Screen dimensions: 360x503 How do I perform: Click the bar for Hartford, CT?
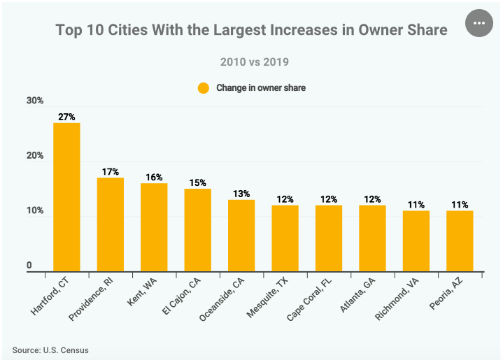pyautogui.click(x=66, y=197)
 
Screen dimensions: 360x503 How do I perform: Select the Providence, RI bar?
pyautogui.click(x=111, y=225)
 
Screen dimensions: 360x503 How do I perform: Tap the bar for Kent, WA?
pyautogui.click(x=154, y=227)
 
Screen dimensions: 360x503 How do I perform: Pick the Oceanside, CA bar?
pyautogui.click(x=241, y=236)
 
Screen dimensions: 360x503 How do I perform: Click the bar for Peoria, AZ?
pyautogui.click(x=460, y=241)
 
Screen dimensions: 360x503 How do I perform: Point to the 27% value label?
pyautogui.click(x=66, y=117)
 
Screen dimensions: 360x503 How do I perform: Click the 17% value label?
pyautogui.click(x=111, y=172)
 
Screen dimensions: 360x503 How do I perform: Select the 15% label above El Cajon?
pyautogui.click(x=198, y=183)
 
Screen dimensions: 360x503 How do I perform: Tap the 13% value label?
pyautogui.click(x=241, y=194)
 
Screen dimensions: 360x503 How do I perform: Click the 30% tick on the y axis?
pyautogui.click(x=36, y=101)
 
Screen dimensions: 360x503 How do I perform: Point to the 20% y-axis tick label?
pyautogui.click(x=36, y=156)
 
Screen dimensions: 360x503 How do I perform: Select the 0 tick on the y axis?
pyautogui.click(x=30, y=266)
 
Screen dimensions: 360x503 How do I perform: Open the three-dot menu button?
pyautogui.click(x=479, y=23)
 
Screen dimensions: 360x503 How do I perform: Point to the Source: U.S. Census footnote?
pyautogui.click(x=50, y=350)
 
